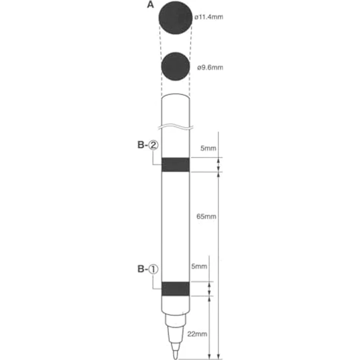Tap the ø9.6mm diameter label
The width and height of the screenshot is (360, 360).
coord(210,67)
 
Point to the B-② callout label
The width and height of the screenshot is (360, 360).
coord(147,145)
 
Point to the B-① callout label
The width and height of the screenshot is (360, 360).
coord(147,269)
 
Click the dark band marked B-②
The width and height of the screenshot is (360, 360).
coord(176,165)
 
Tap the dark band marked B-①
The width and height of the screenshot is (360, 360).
coord(176,289)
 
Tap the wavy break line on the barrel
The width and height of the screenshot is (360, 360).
coord(176,128)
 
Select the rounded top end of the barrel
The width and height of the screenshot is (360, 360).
coord(176,96)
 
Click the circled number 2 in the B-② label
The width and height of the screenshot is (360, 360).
coord(155,145)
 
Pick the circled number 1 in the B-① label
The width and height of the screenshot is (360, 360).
coord(154,269)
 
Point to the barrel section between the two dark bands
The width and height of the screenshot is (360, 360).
coord(176,225)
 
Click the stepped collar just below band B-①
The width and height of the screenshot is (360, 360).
coord(176,319)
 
